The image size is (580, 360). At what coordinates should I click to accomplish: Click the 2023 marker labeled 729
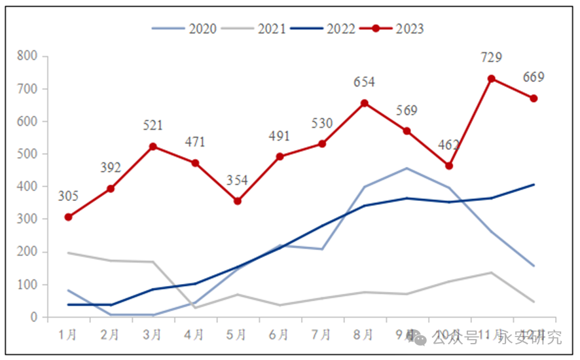tap(491, 79)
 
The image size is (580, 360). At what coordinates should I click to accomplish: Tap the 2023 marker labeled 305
tap(68, 217)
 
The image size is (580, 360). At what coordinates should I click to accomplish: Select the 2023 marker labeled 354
tap(238, 201)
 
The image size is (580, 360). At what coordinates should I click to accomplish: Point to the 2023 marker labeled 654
tap(365, 103)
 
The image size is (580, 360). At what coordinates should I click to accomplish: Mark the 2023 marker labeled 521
tap(153, 147)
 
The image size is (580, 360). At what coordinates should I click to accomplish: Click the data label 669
tap(534, 77)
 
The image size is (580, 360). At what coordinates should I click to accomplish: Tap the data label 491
tap(280, 136)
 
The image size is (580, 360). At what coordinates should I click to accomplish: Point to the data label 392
tap(111, 168)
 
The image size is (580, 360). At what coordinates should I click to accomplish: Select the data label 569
tap(407, 111)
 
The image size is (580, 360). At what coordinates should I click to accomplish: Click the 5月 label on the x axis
tap(238, 335)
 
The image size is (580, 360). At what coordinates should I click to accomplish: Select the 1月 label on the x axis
tap(68, 335)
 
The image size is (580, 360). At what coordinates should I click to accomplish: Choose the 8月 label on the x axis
tap(365, 335)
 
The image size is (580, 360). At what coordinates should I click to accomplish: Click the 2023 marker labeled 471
tap(195, 163)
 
